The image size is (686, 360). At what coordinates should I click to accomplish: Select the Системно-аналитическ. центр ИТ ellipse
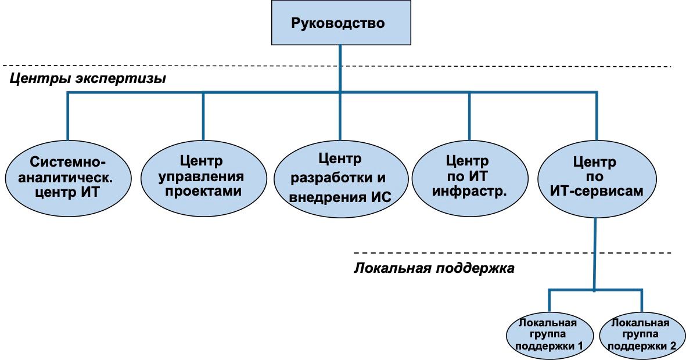tap(69, 177)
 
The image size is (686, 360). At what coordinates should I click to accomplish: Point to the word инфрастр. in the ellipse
tap(470, 191)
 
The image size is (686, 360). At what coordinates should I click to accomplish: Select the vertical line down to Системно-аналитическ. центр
tap(68, 116)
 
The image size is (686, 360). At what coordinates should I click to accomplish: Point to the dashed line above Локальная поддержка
tap(511, 253)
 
